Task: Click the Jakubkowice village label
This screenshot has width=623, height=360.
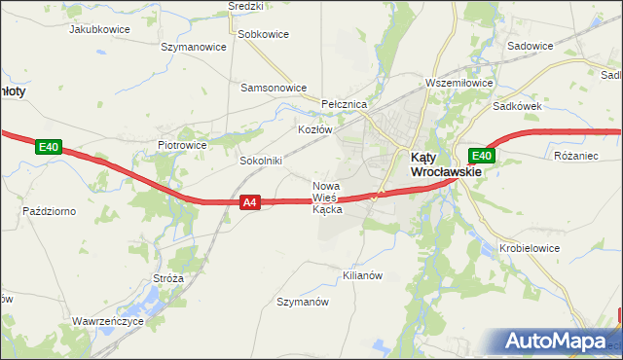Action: (x=99, y=29)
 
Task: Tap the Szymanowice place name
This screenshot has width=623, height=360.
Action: (x=193, y=47)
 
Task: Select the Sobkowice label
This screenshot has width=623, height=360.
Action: (x=263, y=34)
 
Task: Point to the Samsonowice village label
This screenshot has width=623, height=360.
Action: (x=274, y=87)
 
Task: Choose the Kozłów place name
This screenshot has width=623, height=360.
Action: (x=314, y=129)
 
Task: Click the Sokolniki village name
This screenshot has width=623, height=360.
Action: (x=260, y=161)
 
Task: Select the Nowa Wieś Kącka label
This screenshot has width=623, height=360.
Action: (x=326, y=198)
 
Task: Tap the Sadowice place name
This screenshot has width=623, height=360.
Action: (x=531, y=46)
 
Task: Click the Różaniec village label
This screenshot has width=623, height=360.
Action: (x=574, y=156)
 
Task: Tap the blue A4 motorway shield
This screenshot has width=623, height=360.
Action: (x=250, y=202)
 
